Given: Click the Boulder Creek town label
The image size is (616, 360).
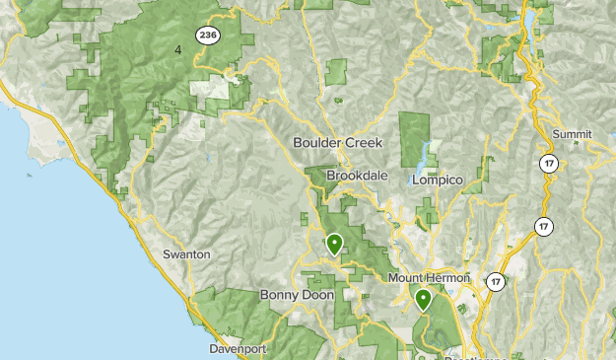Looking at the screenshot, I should click(337, 142).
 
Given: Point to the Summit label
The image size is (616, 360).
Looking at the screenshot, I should click(573, 134).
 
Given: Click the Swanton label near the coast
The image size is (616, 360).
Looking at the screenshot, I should click(186, 253).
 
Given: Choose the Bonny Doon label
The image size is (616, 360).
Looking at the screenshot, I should click(297, 295).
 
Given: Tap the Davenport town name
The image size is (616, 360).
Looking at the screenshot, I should click(239, 349).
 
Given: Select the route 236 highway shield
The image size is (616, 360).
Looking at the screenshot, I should click(207, 36).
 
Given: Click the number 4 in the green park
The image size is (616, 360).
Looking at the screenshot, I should click(178, 48).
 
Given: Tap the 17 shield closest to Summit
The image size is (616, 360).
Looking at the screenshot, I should click(549, 163).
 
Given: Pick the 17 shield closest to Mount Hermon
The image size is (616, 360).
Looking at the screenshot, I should click(495, 282).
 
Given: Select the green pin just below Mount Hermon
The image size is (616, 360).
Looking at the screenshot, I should click(423, 299).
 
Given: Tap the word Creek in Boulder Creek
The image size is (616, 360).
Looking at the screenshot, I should click(362, 142).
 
